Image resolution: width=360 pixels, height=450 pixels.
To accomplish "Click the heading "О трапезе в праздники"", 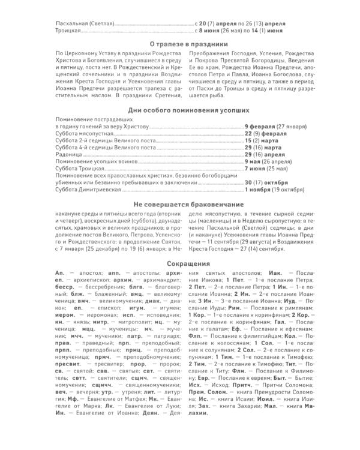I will pos(180,44).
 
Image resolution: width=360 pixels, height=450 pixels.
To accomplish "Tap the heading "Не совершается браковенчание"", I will pos(180,205).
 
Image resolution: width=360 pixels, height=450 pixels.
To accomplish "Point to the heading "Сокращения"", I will pos(180,263).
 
